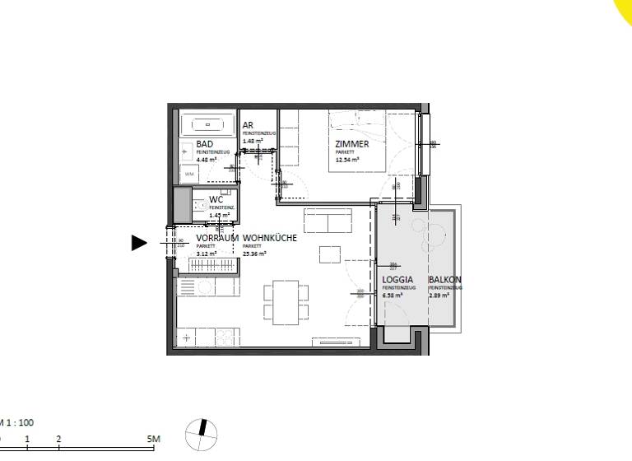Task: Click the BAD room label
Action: click(205, 144)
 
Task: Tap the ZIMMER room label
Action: click(351, 144)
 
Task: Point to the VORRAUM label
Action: click(217, 238)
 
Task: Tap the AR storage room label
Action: click(248, 125)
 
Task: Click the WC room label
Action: click(216, 199)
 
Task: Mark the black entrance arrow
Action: click(139, 242)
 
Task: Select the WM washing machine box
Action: click(189, 175)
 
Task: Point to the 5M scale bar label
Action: click(153, 440)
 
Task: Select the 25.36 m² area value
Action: click(255, 254)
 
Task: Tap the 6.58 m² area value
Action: click(393, 295)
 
